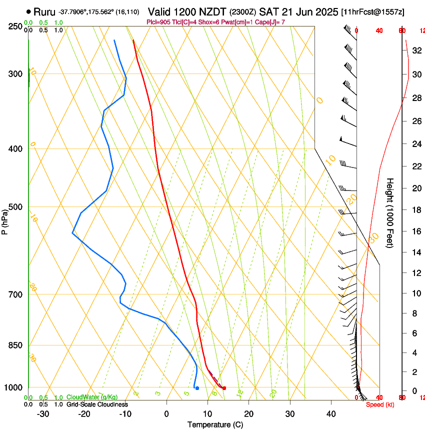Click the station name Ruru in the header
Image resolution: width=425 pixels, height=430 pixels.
tap(44, 11)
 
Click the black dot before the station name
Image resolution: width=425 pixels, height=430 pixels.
tap(28, 11)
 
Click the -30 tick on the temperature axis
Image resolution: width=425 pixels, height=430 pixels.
tap(43, 413)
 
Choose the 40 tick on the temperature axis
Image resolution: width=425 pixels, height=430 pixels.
tap(330, 413)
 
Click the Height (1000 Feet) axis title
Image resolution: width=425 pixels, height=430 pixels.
tap(390, 212)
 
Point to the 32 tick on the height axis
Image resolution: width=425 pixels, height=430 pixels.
tap(416, 50)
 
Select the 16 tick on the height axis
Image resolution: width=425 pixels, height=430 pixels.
tap(416, 231)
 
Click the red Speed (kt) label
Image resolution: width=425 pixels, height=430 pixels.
tap(380, 404)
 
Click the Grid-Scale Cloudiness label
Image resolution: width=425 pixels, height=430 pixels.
tap(97, 404)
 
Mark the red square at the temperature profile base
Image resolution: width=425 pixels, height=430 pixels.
tap(224, 388)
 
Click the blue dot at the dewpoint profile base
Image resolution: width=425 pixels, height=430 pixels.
tap(197, 388)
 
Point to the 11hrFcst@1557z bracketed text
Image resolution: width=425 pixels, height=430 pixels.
tap(372, 11)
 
